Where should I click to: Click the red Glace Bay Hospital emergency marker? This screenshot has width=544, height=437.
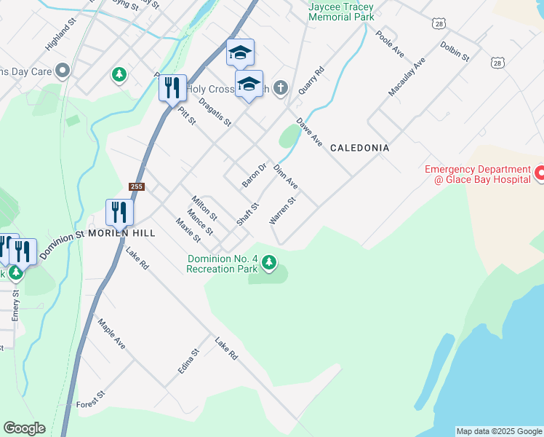coord(540,173)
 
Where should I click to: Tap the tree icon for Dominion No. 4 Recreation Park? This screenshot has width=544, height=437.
coord(269,262)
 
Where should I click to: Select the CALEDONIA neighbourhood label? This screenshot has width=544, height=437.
coord(359,148)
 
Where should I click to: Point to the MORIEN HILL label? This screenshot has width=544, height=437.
coord(121,233)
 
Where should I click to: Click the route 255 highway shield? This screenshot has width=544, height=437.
coord(137,187)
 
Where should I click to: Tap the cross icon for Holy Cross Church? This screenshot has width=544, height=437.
coord(281,89)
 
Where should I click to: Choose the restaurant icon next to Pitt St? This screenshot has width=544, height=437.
coord(172,88)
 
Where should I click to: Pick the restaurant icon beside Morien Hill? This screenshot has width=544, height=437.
coord(119,213)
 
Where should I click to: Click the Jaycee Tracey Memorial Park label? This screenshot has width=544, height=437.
coord(341,11)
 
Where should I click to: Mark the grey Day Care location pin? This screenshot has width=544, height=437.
coord(63,71)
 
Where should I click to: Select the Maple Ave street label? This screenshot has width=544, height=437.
coord(111,333)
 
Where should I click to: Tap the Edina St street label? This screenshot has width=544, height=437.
coord(188,362)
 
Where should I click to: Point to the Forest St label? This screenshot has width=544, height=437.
coord(91,399)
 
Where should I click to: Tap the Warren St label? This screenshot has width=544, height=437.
coord(282,210)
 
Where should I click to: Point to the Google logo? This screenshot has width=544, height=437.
coord(24,428)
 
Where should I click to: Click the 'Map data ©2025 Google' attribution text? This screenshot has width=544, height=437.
coord(499,431)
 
